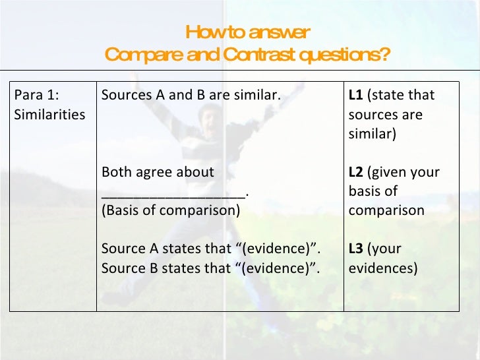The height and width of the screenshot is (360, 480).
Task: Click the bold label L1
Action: (355, 95)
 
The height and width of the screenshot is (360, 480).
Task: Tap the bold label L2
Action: (355, 172)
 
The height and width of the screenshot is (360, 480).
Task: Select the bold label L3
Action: (355, 249)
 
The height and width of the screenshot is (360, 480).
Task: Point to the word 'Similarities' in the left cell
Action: (49, 114)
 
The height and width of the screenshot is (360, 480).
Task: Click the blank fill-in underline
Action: (173, 192)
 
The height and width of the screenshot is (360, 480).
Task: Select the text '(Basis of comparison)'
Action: (171, 211)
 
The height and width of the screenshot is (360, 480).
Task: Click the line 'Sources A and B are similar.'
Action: (191, 95)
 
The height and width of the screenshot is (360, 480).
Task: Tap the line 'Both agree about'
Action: (158, 172)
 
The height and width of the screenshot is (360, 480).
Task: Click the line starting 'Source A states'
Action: (211, 249)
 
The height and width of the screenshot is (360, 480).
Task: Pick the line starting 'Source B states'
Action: (211, 268)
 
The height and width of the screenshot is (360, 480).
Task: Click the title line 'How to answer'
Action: (247, 32)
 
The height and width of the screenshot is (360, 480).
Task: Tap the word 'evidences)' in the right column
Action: (382, 268)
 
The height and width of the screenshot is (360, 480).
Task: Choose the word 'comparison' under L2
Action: (386, 211)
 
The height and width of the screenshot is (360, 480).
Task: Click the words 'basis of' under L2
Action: (373, 192)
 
